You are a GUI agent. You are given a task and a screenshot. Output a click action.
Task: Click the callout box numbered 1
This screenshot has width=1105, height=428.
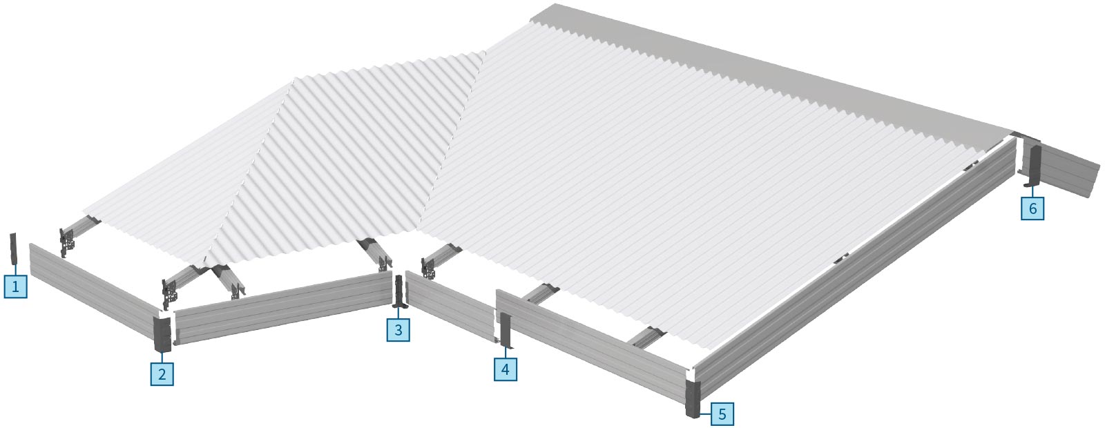(x=15, y=286)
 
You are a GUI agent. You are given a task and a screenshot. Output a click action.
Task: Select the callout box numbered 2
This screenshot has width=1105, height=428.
(x=162, y=374)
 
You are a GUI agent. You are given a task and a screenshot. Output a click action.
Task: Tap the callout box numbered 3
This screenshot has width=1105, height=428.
(x=398, y=330)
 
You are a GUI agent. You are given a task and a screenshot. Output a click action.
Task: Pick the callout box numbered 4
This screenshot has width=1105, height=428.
(x=505, y=369)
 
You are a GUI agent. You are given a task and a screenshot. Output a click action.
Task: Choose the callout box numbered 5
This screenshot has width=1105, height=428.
(x=722, y=414)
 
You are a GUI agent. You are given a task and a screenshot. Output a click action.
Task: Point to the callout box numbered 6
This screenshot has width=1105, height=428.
(x=1032, y=208)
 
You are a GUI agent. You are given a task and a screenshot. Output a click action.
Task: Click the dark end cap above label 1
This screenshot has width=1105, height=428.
(x=13, y=249)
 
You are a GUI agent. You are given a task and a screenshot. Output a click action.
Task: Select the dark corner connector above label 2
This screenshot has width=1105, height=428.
(x=162, y=334)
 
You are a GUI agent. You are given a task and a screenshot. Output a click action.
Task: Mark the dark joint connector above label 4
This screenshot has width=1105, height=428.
(x=505, y=331)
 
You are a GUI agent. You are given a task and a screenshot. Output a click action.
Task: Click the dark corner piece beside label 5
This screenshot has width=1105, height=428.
(x=693, y=399)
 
